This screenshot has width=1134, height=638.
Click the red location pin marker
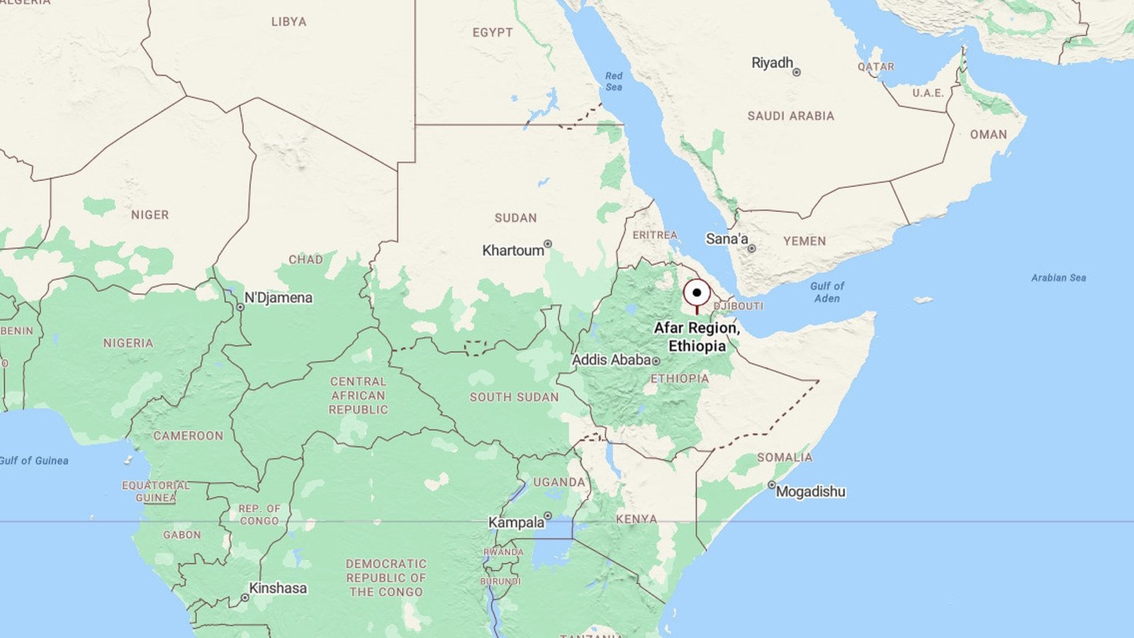click(x=697, y=293)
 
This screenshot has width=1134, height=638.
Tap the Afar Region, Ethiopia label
click(x=697, y=337)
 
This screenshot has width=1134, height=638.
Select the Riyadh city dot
click(x=797, y=72)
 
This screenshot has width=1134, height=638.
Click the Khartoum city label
click(x=512, y=250)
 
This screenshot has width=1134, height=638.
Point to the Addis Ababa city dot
click(x=656, y=362)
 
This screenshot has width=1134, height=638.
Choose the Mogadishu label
click(x=810, y=491)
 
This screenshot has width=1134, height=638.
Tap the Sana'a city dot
click(x=752, y=249)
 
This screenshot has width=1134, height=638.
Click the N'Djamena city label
click(x=278, y=298)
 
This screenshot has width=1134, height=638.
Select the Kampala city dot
click(x=548, y=516)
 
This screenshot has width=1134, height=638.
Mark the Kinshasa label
click(x=278, y=588)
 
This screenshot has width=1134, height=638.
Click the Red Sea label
click(x=614, y=81)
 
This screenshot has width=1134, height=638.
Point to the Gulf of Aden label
click(x=827, y=292)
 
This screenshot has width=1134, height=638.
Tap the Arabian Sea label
click(x=1058, y=278)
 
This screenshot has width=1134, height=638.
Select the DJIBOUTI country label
click(x=739, y=306)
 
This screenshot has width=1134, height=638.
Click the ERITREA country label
click(x=655, y=235)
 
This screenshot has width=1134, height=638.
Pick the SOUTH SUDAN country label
click(x=514, y=397)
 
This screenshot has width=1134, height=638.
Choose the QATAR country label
click(x=876, y=67)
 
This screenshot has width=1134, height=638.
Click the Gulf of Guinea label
click(x=34, y=461)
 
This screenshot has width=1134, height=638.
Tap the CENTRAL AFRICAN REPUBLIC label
click(x=358, y=396)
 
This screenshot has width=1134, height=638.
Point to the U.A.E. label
click(x=928, y=93)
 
